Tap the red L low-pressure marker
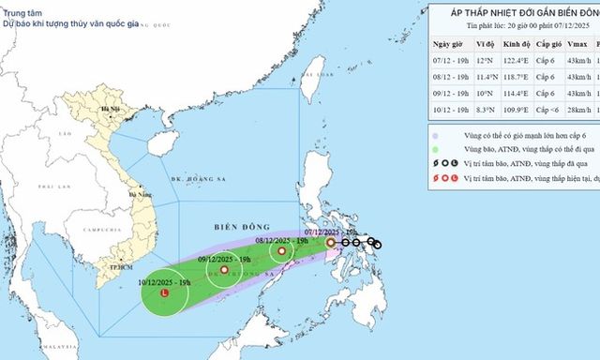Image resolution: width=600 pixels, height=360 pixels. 165,292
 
